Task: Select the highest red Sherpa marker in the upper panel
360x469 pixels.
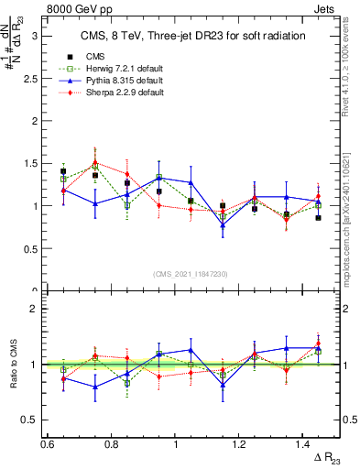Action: (95, 163)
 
